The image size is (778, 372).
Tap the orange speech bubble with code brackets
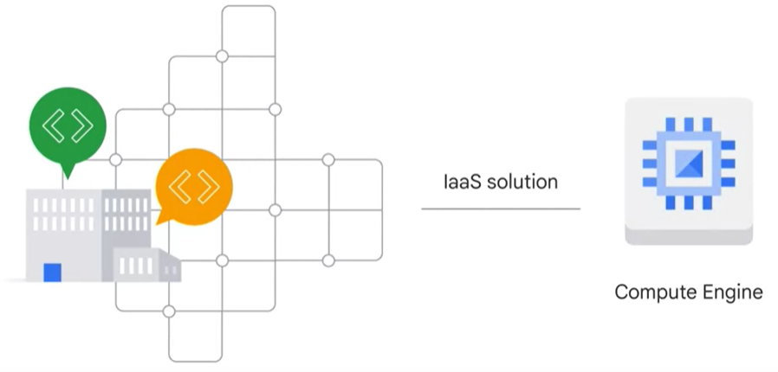193,184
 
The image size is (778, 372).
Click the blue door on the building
53,272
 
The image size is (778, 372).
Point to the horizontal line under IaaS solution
501,208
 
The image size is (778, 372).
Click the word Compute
651,292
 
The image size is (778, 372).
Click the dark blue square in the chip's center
689,164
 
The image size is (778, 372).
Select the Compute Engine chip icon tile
689,164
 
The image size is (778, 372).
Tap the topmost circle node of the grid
222,56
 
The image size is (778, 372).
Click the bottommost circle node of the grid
169,311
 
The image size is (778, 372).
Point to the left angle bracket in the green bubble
53,126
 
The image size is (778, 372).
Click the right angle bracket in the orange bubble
207,185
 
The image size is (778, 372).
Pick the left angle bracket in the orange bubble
179,185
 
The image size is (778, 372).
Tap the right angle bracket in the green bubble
81,126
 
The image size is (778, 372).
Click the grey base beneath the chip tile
689,235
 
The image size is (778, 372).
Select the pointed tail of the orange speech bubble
160,218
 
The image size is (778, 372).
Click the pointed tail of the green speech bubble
65,173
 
